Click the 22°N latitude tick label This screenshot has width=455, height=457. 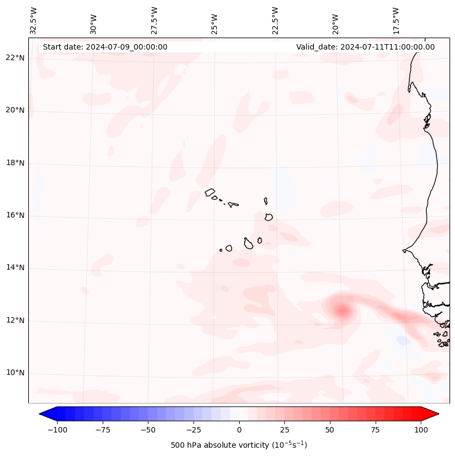[x=15, y=58]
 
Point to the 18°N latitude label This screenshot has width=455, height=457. [x=15, y=163]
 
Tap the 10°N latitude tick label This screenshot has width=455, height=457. [x=15, y=373]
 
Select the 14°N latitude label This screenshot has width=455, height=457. [x=15, y=268]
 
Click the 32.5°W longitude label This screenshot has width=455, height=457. [x=34, y=20]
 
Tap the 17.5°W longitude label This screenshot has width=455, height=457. [x=396, y=20]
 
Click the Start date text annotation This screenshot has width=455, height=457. [x=105, y=47]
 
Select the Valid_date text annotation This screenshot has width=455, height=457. [x=365, y=47]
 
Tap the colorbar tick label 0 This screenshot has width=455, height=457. [x=239, y=430]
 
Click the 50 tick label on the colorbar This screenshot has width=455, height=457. [x=330, y=430]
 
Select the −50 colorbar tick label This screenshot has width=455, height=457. [x=148, y=430]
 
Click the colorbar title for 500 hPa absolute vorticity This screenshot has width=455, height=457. [x=239, y=445]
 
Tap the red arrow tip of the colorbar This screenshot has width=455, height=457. [x=434, y=414]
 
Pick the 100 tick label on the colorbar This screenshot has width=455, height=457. [x=420, y=430]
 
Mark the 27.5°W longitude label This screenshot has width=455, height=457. [x=154, y=20]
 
